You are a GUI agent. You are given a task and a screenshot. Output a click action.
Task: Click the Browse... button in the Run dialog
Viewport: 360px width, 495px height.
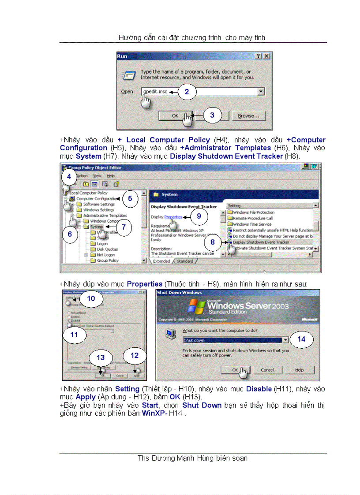[251, 116]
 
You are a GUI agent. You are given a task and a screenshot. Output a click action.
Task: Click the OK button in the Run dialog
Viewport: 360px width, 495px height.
[175, 116]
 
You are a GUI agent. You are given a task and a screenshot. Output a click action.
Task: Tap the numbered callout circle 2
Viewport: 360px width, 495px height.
[187, 92]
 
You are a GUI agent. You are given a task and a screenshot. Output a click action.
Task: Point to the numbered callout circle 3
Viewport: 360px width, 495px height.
[212, 115]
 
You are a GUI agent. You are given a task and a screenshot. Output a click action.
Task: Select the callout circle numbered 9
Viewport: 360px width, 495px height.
[199, 216]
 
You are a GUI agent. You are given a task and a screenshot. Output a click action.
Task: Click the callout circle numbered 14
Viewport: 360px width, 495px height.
[301, 339]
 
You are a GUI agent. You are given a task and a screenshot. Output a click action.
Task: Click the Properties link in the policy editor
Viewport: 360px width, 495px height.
[173, 217]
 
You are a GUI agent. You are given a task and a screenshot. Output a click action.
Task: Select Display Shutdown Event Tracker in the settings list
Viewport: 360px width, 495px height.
[261, 242]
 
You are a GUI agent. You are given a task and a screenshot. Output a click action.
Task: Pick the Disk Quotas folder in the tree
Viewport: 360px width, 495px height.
[107, 249]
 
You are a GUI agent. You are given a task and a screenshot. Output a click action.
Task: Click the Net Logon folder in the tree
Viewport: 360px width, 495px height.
[106, 255]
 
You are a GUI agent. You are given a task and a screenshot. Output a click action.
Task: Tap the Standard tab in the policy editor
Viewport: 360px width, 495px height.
[185, 261]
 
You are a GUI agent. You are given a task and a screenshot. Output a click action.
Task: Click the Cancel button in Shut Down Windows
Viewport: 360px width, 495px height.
[267, 370]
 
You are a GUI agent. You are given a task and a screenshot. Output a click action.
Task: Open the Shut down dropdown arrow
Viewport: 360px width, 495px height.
[286, 340]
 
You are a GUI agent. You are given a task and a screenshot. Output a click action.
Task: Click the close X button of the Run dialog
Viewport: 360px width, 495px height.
[266, 56]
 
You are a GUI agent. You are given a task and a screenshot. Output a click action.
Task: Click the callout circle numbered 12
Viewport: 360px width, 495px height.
[135, 355]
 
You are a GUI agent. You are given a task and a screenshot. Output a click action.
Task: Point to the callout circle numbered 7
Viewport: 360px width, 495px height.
[124, 227]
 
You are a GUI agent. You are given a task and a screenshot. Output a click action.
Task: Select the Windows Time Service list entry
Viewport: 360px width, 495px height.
[252, 224]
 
